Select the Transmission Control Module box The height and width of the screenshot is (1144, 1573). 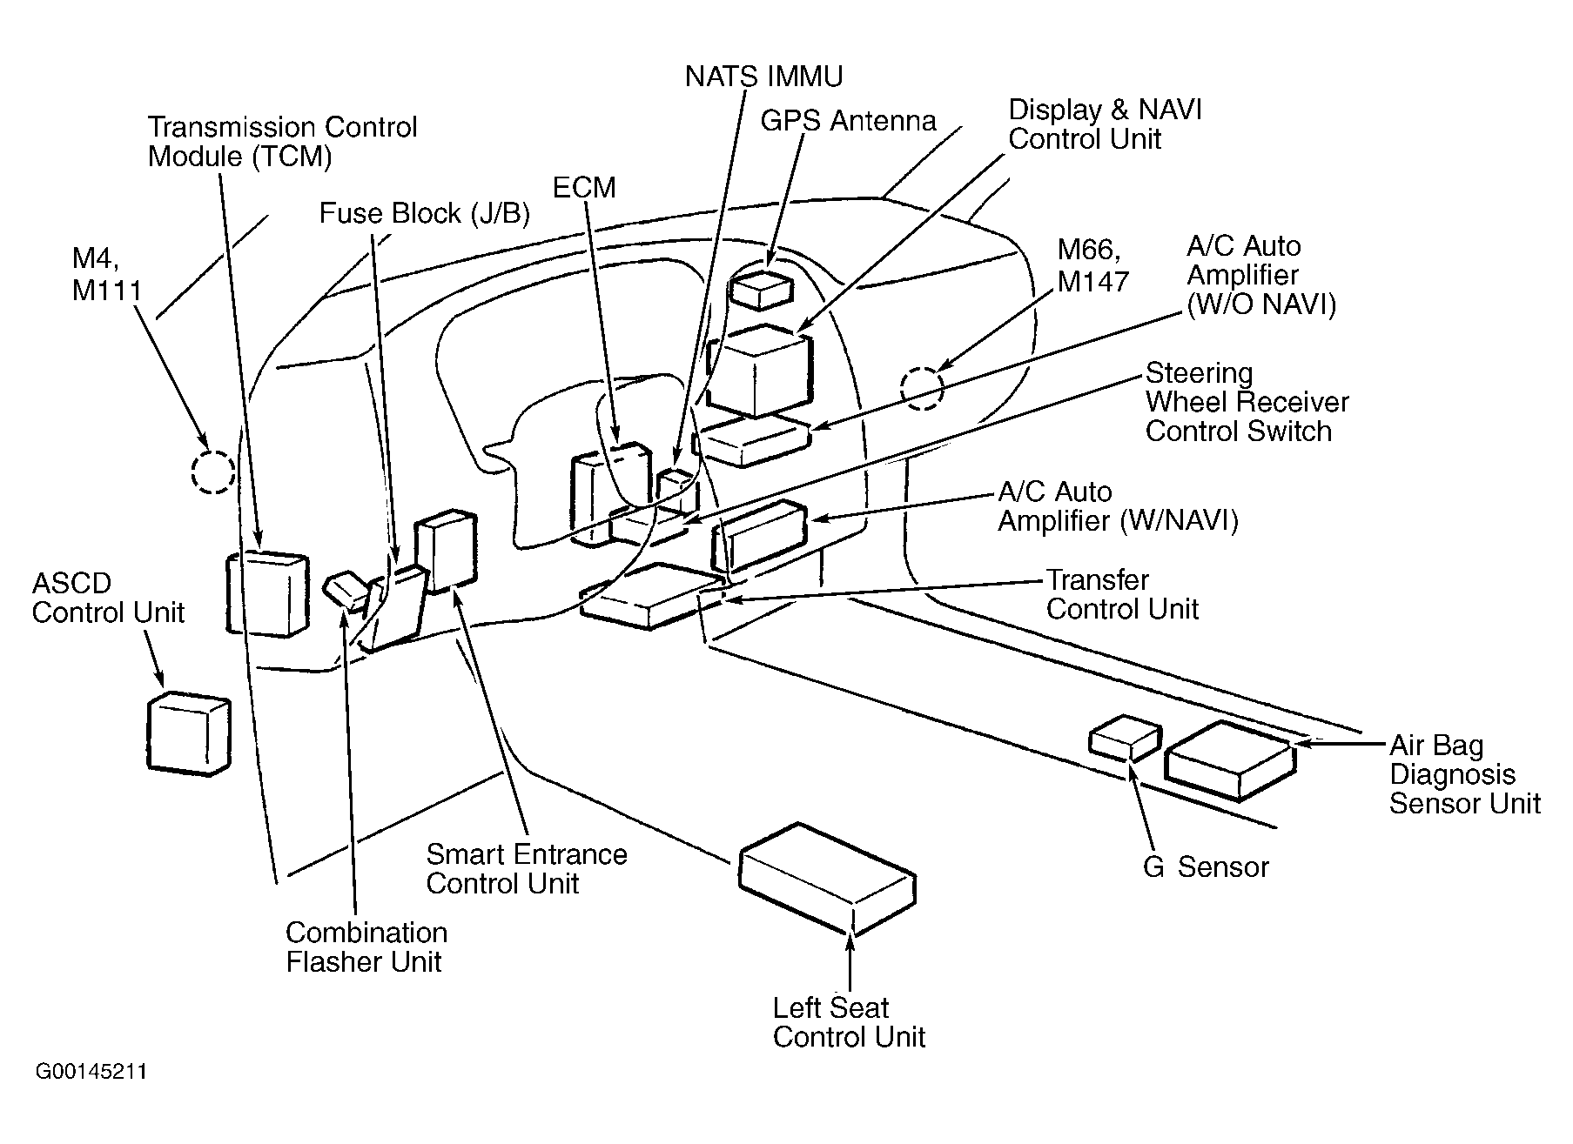click(267, 593)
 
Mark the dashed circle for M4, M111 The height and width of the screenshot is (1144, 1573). click(213, 472)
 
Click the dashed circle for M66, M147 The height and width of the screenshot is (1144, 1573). click(922, 388)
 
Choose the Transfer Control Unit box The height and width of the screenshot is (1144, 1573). click(653, 596)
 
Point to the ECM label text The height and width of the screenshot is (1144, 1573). click(584, 187)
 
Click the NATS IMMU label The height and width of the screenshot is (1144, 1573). click(763, 77)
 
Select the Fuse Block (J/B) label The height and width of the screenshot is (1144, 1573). click(425, 214)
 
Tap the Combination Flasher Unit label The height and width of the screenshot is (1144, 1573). click(366, 947)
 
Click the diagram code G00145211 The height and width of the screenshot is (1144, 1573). click(91, 1071)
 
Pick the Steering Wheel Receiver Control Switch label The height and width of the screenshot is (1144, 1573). click(1247, 402)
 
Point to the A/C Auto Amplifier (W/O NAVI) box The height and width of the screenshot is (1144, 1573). click(754, 440)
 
